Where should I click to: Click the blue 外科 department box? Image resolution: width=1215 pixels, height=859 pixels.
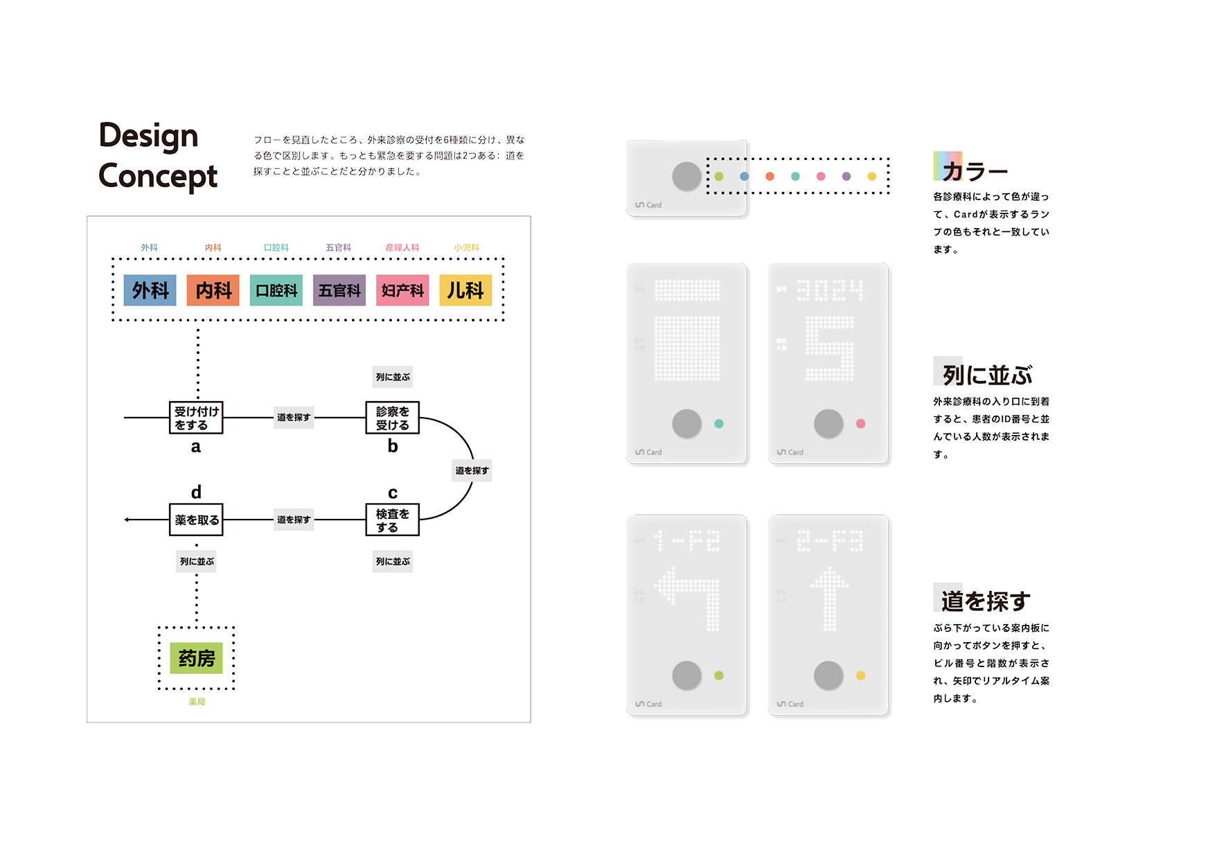[150, 290]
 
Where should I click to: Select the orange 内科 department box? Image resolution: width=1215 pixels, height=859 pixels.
[213, 290]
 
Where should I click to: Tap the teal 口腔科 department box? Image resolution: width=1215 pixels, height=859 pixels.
[276, 290]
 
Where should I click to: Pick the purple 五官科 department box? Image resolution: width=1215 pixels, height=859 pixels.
[339, 290]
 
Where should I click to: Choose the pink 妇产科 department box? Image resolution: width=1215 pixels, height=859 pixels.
[402, 290]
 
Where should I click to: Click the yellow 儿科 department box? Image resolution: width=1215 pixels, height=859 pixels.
[465, 290]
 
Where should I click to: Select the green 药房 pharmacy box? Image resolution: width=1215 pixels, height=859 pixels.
[197, 658]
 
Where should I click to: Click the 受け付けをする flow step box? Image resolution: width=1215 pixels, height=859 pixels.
[196, 418]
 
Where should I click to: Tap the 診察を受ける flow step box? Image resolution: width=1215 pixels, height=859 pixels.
[393, 418]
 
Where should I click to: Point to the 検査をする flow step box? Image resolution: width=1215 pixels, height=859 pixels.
[393, 520]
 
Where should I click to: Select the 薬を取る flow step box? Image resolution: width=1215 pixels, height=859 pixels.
[196, 520]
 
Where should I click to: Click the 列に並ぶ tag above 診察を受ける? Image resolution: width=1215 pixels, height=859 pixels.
[393, 377]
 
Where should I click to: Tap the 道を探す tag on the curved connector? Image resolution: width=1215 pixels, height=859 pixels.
[472, 470]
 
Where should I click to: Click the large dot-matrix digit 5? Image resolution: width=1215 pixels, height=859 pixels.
[829, 348]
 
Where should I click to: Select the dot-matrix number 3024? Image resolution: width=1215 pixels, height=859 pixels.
[830, 290]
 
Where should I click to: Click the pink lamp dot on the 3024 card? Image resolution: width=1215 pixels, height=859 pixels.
[860, 424]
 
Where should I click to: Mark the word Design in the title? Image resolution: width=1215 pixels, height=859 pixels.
[149, 136]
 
